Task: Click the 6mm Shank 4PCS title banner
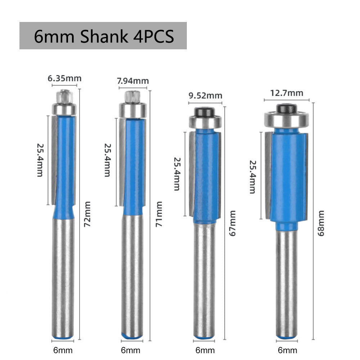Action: (103, 36)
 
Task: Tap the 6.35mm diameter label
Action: (65, 78)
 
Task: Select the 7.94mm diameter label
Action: (133, 81)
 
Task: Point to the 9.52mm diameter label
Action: (206, 96)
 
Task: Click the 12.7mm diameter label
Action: (287, 93)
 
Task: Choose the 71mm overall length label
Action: (159, 220)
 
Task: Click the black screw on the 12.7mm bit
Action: (287, 108)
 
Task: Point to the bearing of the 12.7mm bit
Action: (287, 118)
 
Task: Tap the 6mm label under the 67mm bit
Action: (205, 350)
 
